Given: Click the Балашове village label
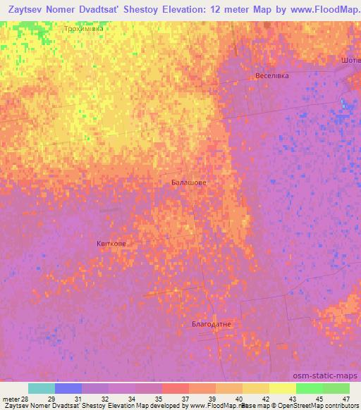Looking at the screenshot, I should point(189,182).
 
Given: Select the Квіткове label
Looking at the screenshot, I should point(111,244).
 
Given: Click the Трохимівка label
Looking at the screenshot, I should point(83,30).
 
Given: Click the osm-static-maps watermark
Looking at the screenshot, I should point(326,375).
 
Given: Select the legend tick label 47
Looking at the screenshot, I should point(345,399).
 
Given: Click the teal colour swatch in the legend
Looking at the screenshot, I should point(42,388).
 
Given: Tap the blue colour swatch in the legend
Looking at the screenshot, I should point(68,388).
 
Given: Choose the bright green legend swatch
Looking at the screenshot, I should point(309,388).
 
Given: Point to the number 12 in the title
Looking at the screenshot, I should point(224,11).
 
